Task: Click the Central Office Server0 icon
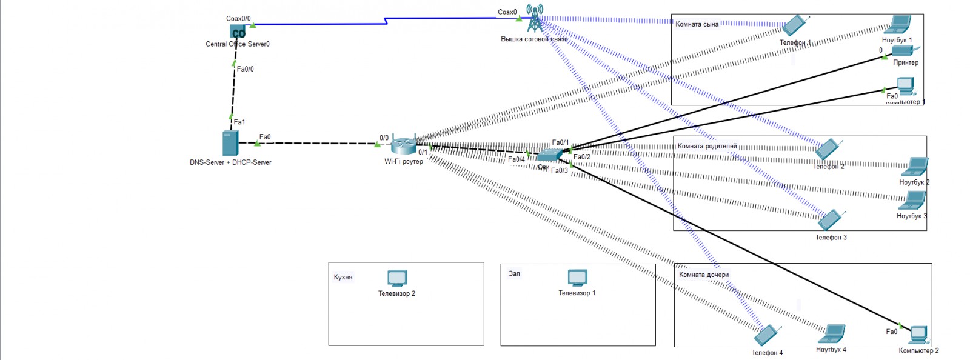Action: [x=238, y=32]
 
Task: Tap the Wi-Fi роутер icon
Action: [x=403, y=145]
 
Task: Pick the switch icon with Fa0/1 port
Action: [x=549, y=155]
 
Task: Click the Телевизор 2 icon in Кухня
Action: [x=397, y=278]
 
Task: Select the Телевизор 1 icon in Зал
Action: [x=577, y=278]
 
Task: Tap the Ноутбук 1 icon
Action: [x=898, y=25]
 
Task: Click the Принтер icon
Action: [x=902, y=52]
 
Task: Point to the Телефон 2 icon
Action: [x=828, y=149]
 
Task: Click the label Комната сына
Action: [x=697, y=24]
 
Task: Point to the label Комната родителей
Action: [x=707, y=146]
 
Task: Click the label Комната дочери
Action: [x=704, y=275]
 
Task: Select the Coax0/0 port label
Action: [x=238, y=19]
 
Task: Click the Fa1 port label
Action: [x=239, y=122]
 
